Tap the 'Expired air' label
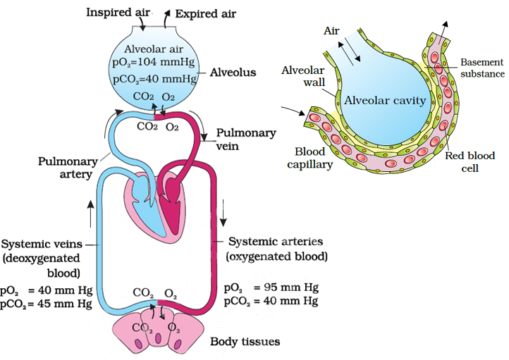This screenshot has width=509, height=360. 206,13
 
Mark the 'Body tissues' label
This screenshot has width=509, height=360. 245,342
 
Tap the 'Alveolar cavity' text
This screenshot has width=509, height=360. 385,100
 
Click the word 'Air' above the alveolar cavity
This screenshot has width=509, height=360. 332,31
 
